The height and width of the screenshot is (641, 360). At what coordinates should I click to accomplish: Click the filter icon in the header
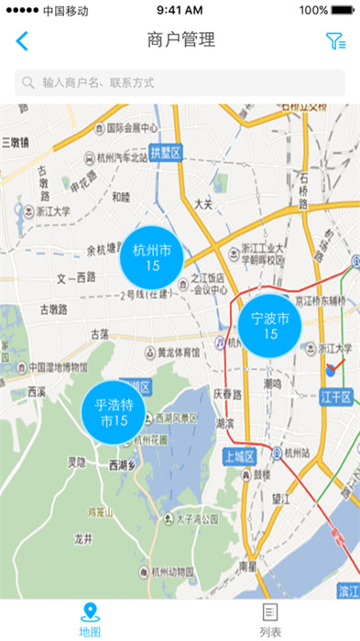pyautogui.click(x=335, y=41)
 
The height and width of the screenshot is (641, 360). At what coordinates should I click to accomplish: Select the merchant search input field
pyautogui.click(x=180, y=82)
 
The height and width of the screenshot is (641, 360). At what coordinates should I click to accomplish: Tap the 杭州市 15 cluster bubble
pyautogui.click(x=152, y=257)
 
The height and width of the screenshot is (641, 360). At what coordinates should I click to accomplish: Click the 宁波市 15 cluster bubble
pyautogui.click(x=270, y=326)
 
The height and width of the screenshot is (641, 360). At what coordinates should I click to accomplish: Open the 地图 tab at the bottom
pyautogui.click(x=90, y=619)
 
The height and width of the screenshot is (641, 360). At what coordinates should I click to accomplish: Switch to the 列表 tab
pyautogui.click(x=269, y=619)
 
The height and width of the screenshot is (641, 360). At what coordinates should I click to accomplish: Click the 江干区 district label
pyautogui.click(x=337, y=396)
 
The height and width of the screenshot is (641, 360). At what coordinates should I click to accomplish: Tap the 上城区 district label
pyautogui.click(x=239, y=456)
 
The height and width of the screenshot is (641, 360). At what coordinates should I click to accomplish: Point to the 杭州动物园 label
pyautogui.click(x=167, y=572)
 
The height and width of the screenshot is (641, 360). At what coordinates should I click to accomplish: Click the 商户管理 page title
pyautogui.click(x=180, y=40)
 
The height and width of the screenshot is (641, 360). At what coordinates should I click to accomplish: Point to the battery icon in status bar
pyautogui.click(x=344, y=10)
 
